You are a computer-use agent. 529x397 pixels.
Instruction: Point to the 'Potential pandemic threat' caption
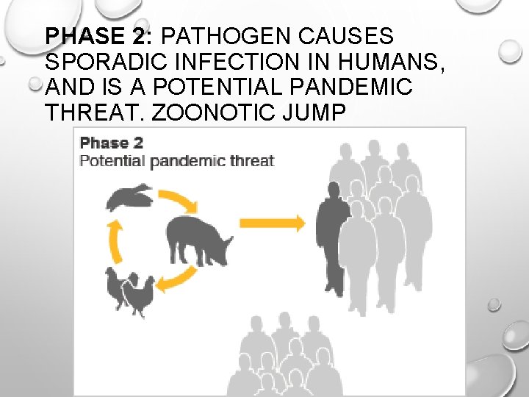click(x=176, y=160)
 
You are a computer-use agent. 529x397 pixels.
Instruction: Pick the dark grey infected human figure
click(x=333, y=235)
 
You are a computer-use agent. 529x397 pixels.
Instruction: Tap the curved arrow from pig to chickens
click(x=179, y=280)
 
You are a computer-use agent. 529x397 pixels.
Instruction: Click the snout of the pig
click(x=229, y=240)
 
